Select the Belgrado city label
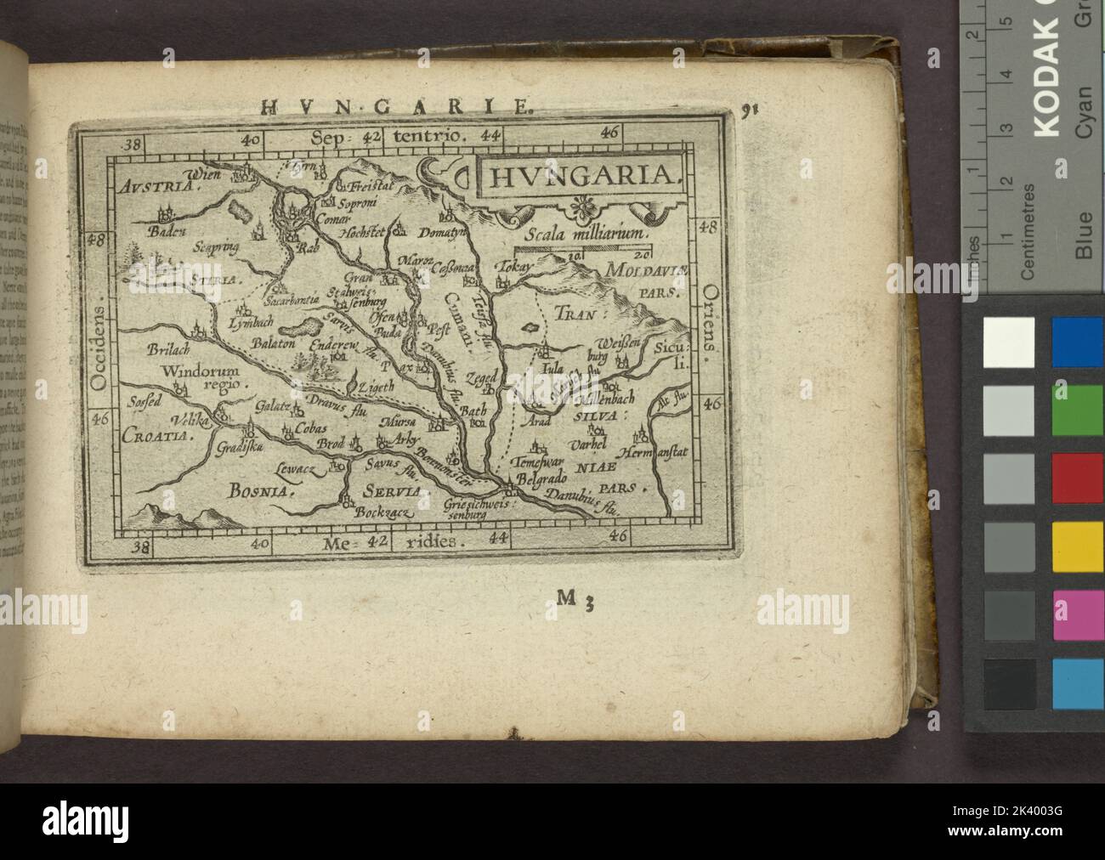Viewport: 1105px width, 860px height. [542, 479]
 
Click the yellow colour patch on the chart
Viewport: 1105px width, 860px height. [1078, 544]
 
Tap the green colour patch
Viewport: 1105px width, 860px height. [1078, 411]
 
